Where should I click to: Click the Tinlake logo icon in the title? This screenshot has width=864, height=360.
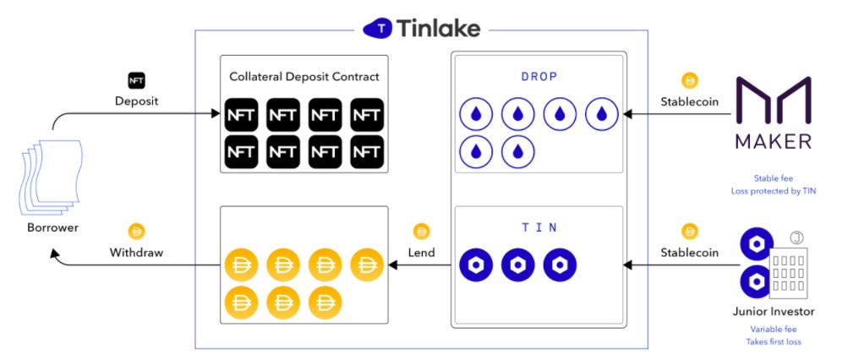[377, 28]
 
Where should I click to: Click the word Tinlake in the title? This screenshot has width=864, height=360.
[438, 28]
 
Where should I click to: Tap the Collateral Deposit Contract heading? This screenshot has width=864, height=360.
[304, 77]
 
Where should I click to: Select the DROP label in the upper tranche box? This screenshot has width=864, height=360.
[539, 77]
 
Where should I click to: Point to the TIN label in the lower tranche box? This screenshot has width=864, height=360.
[539, 227]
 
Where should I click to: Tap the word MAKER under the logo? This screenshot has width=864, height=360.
[774, 141]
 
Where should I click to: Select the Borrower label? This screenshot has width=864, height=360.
[53, 227]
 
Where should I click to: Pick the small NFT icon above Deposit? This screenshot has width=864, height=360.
[136, 80]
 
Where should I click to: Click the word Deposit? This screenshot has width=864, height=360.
[137, 101]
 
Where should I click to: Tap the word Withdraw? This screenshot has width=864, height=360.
[136, 253]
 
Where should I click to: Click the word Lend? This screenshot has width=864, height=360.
[422, 253]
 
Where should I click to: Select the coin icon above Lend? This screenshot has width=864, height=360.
[422, 232]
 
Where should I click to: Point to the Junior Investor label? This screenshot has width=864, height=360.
[774, 312]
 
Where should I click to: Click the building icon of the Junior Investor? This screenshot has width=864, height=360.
[789, 268]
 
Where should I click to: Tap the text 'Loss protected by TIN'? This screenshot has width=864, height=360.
[774, 192]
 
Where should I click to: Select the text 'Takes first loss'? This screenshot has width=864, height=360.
[774, 342]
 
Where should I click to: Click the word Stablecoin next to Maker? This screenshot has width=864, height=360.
[689, 101]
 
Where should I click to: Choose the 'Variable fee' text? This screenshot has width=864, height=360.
[774, 330]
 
